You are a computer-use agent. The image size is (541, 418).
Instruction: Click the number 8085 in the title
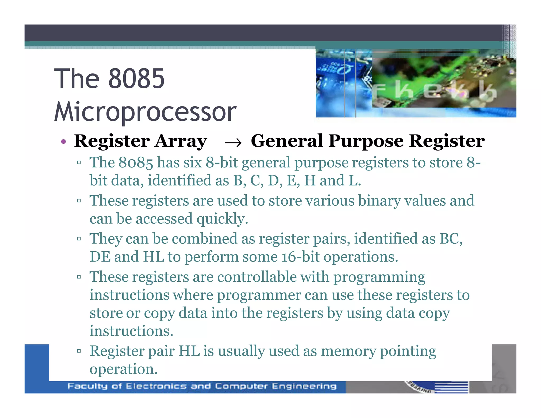136,78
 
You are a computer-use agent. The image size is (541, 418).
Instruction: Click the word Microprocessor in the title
145,112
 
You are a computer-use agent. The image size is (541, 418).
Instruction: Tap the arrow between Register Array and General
233,143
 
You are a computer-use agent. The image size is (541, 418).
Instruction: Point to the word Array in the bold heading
181,141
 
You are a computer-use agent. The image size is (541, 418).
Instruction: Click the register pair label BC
451,239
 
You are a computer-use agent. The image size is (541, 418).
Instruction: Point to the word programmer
259,295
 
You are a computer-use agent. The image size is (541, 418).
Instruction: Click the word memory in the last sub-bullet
348,351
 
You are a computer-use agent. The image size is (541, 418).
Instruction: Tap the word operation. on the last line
123,369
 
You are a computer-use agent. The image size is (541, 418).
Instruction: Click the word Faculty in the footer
87,386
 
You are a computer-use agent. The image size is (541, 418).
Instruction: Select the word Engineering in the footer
304,386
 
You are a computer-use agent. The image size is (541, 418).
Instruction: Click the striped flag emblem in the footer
451,387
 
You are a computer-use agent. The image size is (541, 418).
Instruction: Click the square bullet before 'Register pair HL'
79,351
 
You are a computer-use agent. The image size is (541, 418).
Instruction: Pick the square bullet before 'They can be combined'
79,239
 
